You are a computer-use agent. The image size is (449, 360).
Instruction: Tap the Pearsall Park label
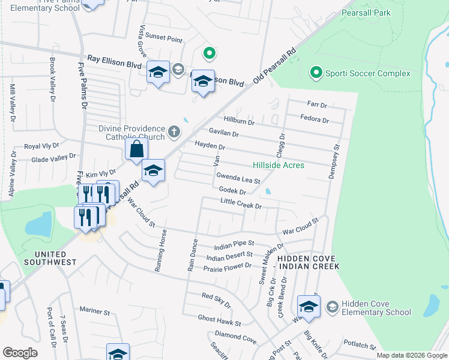(366, 13)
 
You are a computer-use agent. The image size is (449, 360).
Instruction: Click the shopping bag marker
(137, 149)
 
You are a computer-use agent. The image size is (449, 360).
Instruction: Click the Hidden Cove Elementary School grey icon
(332, 307)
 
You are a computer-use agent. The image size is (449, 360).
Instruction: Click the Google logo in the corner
(20, 353)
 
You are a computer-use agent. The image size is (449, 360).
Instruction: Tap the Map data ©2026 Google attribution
(411, 355)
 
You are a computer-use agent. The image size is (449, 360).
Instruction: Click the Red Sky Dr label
(216, 296)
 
